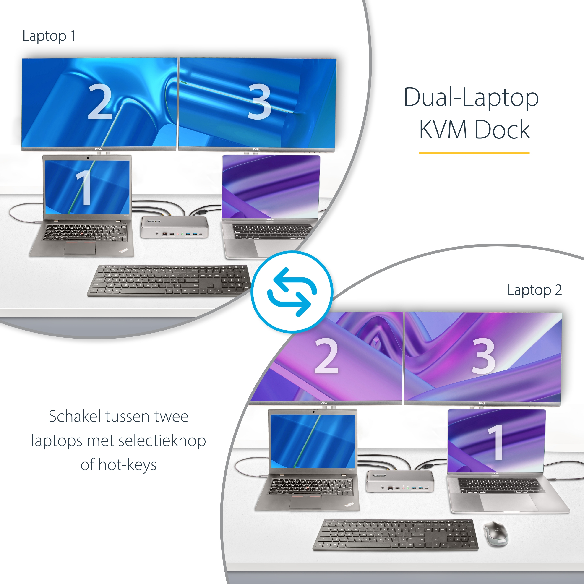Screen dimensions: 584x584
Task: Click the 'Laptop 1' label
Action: (x=49, y=36)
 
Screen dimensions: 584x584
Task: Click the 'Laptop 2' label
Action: (x=534, y=290)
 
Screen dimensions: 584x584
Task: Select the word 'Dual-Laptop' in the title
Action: (x=471, y=98)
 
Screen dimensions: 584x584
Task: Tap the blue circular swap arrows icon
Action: (x=292, y=292)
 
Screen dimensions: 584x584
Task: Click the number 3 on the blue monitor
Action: (x=259, y=102)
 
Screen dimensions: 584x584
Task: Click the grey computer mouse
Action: (x=496, y=534)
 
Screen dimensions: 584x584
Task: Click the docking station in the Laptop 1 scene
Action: (x=174, y=227)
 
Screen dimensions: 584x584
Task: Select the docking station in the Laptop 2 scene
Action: (x=400, y=481)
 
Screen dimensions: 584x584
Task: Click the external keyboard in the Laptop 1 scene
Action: (x=169, y=281)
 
